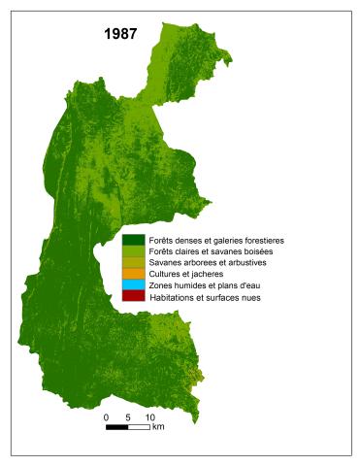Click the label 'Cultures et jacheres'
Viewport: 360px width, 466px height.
[x=185, y=275]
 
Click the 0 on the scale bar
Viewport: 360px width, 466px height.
[x=106, y=416]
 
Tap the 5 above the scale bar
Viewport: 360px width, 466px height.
[x=128, y=416]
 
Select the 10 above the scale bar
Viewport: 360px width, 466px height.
[x=150, y=416]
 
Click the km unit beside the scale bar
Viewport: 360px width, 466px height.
[x=158, y=427]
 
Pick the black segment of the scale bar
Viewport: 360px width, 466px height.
[x=117, y=427]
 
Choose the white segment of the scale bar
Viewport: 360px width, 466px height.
[x=140, y=427]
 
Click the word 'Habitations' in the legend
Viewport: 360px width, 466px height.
[x=173, y=297]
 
